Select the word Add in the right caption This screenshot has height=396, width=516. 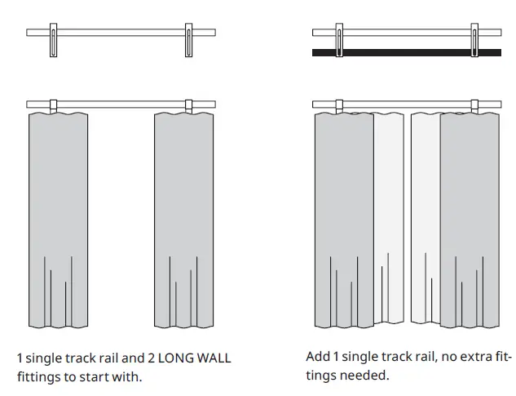(317, 358)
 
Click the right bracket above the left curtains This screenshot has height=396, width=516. (189, 106)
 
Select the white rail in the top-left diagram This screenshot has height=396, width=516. (122, 33)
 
